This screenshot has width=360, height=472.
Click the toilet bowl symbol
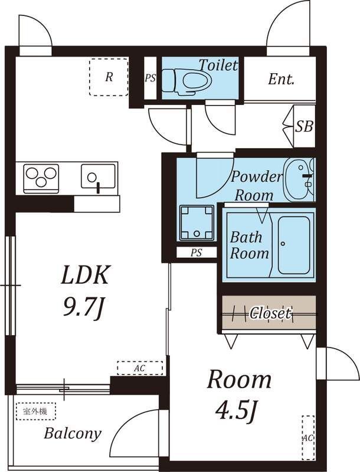coord(186,81)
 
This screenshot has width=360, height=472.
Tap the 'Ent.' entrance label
coord(281,80)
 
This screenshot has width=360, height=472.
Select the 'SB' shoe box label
coord(304,126)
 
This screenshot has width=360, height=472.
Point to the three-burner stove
coord(41,179)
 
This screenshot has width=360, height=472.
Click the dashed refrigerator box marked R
coord(109,77)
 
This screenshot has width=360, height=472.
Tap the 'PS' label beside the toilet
coord(150,78)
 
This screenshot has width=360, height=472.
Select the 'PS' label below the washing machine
coord(197,253)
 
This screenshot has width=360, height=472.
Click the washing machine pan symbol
coord(197,223)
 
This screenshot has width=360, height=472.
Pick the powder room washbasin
coord(299,180)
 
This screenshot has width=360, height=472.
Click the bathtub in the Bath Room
coord(294,245)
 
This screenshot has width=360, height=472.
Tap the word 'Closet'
coord(271,313)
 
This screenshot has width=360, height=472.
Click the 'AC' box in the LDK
coord(140,368)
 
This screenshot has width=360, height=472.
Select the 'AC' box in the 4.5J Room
coord(308,437)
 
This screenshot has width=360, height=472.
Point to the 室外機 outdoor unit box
coord(36,411)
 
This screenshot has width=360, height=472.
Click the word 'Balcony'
coord(73,434)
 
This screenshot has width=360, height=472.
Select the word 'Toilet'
coord(219,65)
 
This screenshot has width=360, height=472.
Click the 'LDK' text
coord(84,275)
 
